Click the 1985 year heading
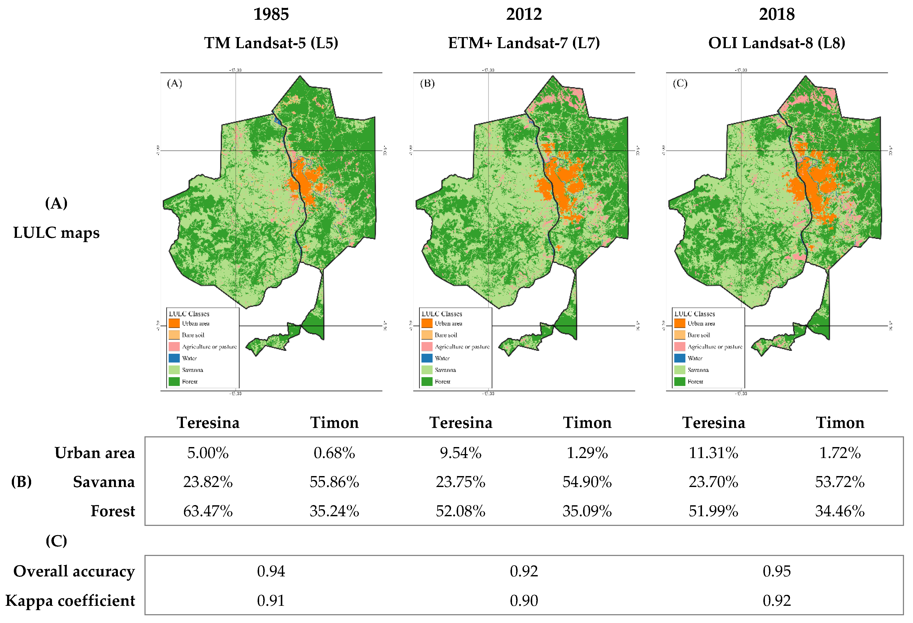pos(271,15)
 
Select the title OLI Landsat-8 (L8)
pos(777,43)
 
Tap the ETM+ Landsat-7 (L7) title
pos(524,43)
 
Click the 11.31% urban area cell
pos(713,453)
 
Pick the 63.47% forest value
pos(208,511)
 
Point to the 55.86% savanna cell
pos(334,482)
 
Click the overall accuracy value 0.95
pos(777,571)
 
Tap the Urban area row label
pos(95,453)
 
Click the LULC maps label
pos(56,233)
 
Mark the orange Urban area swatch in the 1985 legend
pos(174,323)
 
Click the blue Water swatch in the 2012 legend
pos(427,358)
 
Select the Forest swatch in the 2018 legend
pos(680,381)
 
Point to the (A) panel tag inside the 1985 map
pos(175,83)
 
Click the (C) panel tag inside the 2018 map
pos(680,83)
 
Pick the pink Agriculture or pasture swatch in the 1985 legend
pos(174,346)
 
